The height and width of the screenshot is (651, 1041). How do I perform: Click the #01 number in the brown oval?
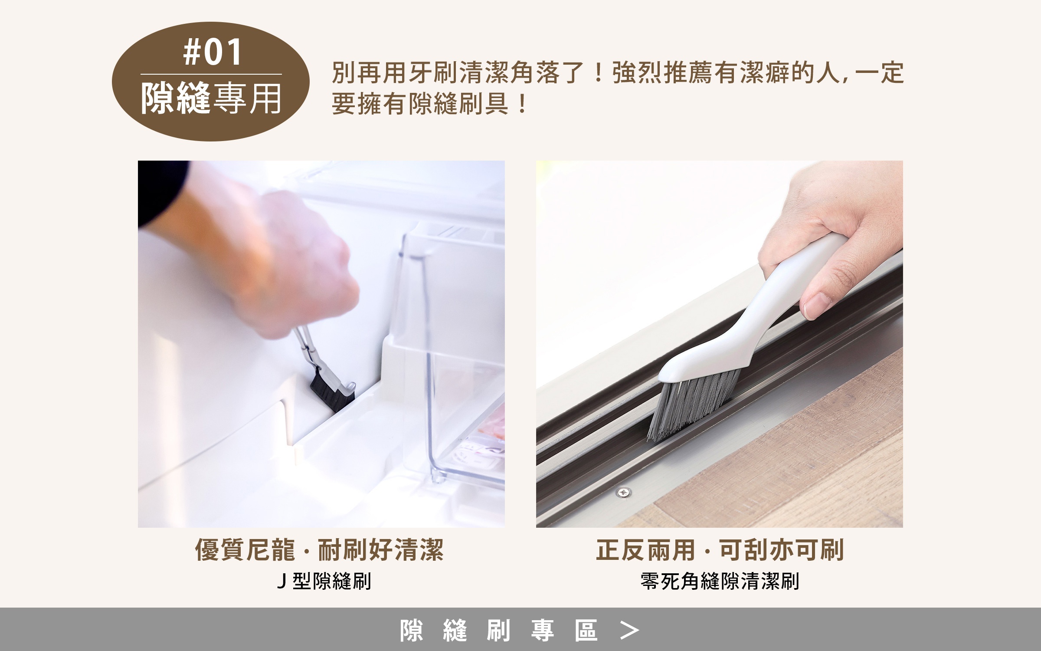coord(212,52)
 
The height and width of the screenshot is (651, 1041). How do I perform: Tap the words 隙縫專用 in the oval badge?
coord(211,98)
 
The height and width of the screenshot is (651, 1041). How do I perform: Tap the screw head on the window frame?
coord(624,492)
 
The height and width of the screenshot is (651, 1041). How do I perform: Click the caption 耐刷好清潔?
coord(381,550)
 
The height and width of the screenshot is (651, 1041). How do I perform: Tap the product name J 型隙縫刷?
coord(324,582)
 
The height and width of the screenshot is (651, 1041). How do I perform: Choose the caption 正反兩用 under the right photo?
coord(646,550)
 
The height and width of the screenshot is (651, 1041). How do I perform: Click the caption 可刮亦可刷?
coord(782,550)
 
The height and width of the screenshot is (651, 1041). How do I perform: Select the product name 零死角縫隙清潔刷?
coord(720,582)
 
